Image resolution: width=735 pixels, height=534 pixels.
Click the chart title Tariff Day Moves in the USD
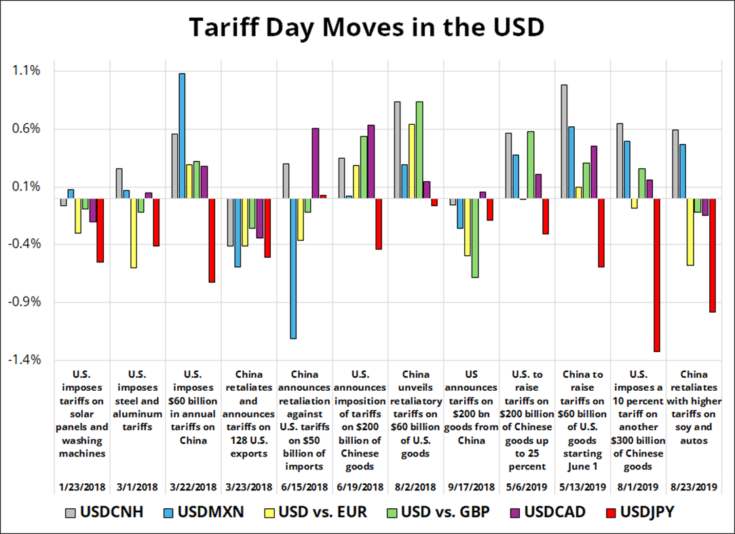[366, 28]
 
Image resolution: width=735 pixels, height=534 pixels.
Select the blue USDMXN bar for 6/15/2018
[293, 268]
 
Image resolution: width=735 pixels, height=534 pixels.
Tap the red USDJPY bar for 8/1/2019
[656, 275]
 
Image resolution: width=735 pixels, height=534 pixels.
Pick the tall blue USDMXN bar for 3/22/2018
[182, 136]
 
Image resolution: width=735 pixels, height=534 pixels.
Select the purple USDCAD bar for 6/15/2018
[315, 163]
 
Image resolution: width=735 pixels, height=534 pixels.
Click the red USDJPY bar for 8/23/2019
[712, 255]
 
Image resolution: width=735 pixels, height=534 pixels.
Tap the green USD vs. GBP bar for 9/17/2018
[475, 238]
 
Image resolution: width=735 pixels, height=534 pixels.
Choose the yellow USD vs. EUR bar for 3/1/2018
[134, 233]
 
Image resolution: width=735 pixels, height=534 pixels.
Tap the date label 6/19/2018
[360, 487]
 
